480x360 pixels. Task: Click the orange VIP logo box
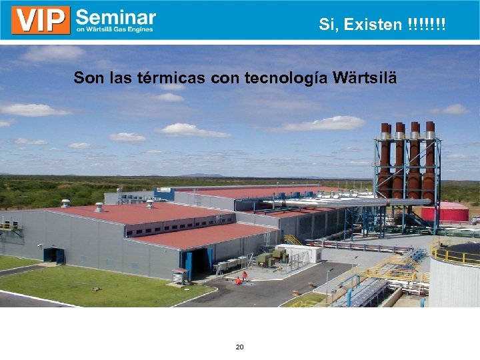pos(41,20)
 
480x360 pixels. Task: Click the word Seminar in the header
pos(116,17)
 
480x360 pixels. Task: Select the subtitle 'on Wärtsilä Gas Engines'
pos(115,29)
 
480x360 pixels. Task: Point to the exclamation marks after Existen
pos(426,25)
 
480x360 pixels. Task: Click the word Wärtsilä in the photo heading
pos(366,78)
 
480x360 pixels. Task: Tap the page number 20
pos(239,347)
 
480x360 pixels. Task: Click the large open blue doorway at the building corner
pos(199,263)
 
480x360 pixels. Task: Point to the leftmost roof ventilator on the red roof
pos(65,203)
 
